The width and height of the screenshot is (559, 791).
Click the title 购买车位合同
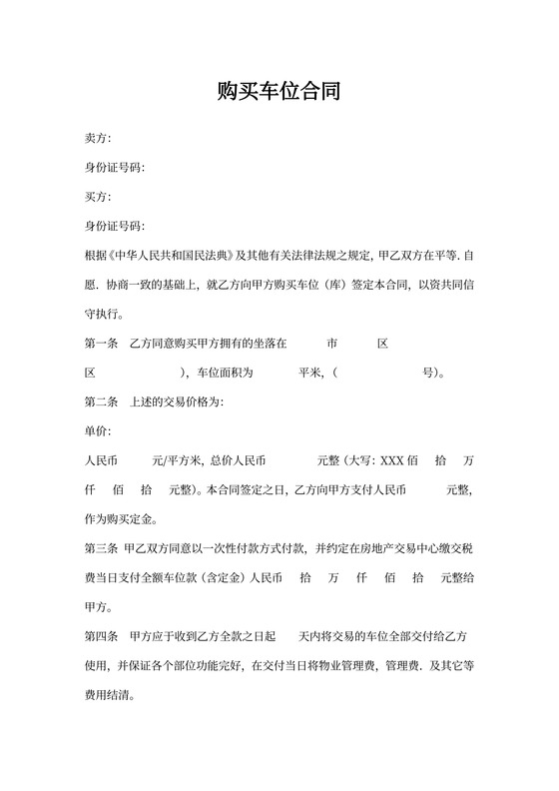(x=279, y=93)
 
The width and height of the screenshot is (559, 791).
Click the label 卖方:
(x=98, y=138)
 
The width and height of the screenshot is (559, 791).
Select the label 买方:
(x=98, y=196)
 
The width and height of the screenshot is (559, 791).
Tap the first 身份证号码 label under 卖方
(x=115, y=167)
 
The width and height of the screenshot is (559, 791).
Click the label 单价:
(x=98, y=431)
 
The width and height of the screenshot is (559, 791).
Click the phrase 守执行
(x=104, y=314)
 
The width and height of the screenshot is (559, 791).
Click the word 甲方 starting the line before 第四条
(x=98, y=607)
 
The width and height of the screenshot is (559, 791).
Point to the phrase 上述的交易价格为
(x=176, y=402)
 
